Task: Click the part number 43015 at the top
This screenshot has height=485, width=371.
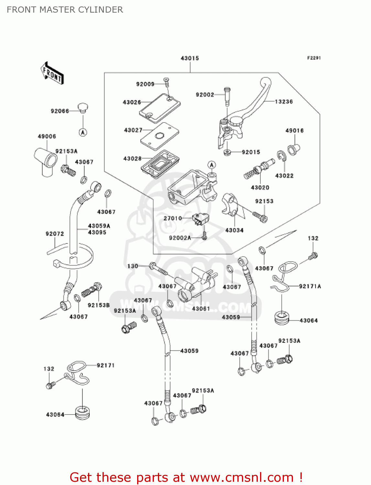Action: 190,58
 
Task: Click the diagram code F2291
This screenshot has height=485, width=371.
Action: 314,58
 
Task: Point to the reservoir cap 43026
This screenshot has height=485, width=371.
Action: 159,108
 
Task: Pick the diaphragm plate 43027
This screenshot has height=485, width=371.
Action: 159,136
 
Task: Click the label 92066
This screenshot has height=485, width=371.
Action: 60,111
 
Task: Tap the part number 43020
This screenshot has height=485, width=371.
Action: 260,188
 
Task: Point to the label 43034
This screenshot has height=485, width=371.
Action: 234,230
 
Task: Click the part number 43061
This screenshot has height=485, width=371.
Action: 201,309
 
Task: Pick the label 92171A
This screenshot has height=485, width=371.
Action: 310,286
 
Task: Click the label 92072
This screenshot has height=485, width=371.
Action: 55,234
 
